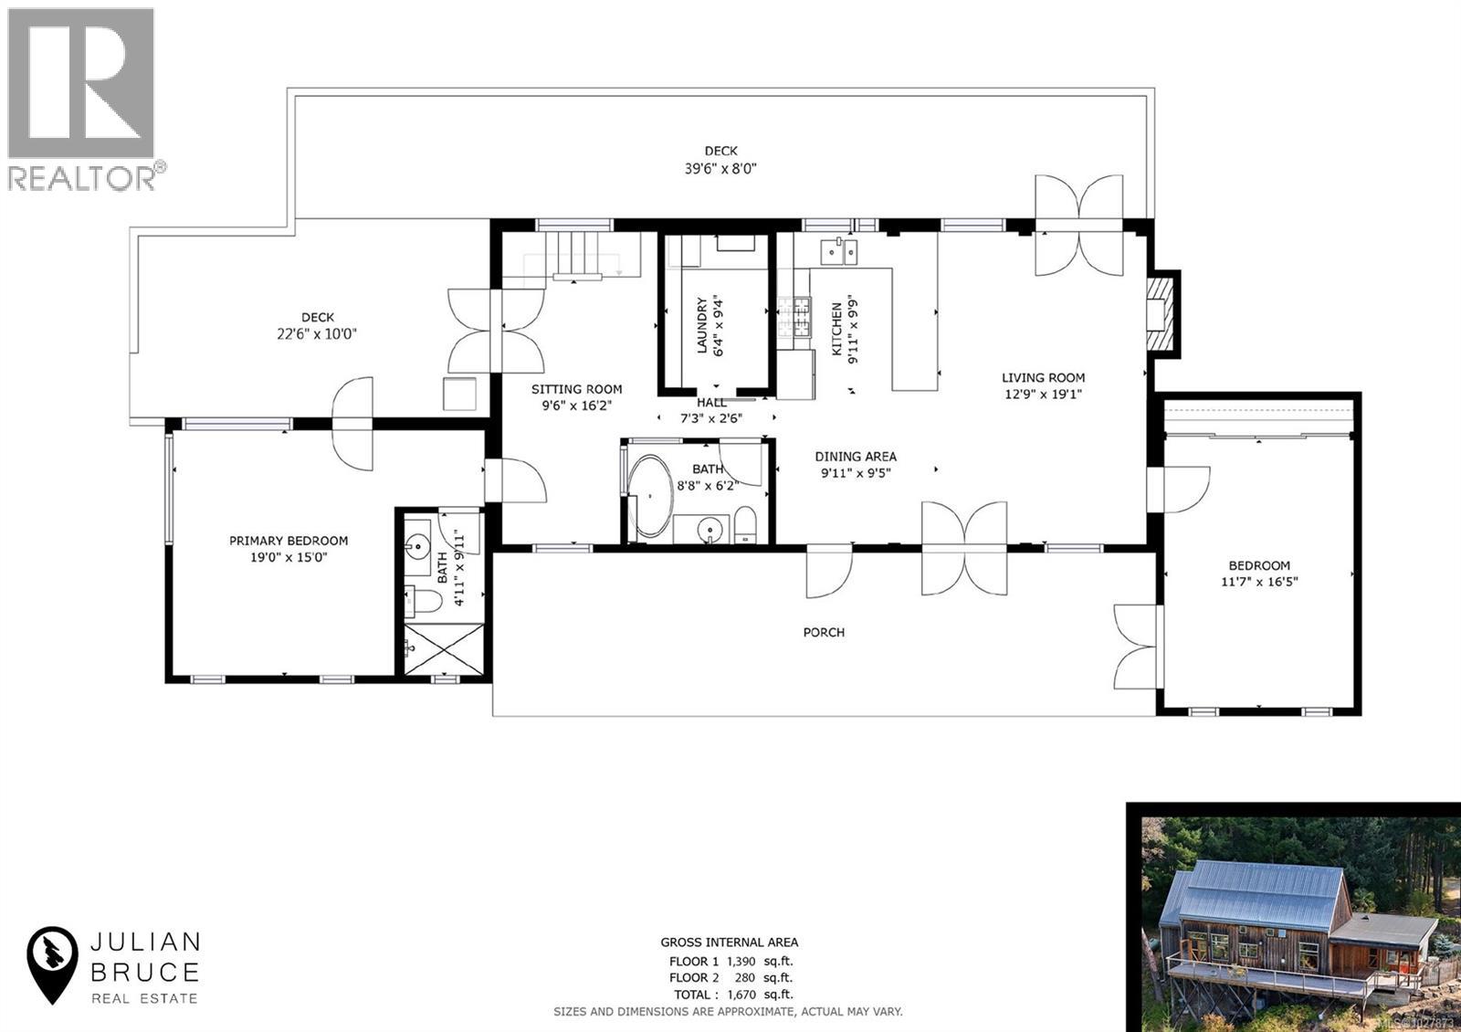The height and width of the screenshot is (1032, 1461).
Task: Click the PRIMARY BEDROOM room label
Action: (288, 541)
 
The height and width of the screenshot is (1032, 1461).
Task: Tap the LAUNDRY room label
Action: (701, 324)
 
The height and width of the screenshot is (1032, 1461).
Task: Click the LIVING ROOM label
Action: (1043, 377)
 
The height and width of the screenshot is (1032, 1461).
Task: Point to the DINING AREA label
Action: (856, 456)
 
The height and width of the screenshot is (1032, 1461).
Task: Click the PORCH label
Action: (824, 632)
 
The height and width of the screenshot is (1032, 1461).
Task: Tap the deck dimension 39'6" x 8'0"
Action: (720, 168)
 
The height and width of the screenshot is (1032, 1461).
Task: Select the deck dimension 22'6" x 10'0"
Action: (316, 334)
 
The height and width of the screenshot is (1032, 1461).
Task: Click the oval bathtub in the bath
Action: (651, 496)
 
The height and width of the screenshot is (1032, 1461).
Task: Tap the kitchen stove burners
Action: (794, 317)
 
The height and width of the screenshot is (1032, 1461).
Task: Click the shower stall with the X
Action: (444, 649)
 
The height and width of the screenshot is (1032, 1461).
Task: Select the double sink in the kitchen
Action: (838, 249)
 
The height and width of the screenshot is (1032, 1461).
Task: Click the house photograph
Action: (1292, 917)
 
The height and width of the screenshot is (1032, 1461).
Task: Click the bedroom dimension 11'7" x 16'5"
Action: (1259, 581)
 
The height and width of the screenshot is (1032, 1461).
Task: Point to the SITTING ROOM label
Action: (576, 389)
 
